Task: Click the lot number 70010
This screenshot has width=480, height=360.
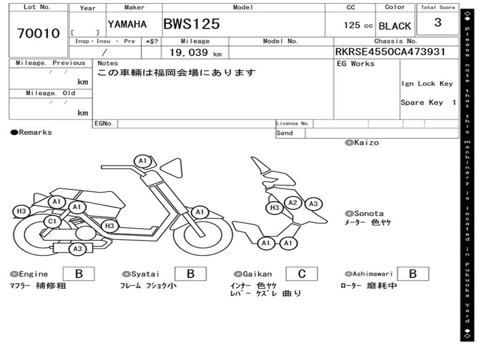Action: (38, 33)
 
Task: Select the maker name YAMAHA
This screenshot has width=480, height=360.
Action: (127, 24)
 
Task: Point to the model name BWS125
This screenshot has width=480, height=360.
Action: (191, 24)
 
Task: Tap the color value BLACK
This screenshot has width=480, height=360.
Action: (395, 26)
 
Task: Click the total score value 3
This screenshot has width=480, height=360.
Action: (437, 22)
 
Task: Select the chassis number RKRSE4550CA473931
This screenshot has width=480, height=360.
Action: (390, 52)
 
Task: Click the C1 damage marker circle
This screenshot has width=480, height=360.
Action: (52, 222)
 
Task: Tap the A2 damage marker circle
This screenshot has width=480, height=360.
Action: (293, 202)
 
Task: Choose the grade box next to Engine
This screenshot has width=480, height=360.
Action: (79, 274)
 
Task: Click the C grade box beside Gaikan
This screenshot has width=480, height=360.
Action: (301, 274)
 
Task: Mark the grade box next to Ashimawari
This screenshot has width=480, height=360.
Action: (412, 274)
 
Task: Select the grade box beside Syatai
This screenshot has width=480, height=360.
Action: (190, 274)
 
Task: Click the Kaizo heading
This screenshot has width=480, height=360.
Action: (362, 142)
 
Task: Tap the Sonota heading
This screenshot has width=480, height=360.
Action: (364, 213)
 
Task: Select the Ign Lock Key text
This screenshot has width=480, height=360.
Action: (427, 83)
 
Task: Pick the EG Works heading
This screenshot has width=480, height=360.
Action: (356, 64)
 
